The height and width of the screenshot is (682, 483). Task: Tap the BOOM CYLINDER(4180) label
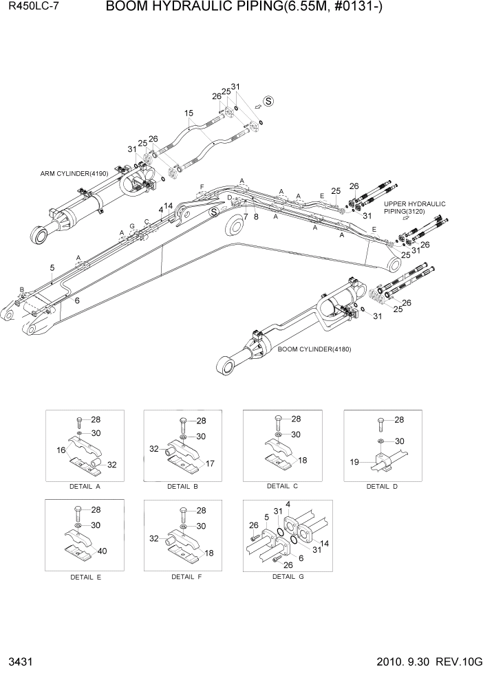(314, 349)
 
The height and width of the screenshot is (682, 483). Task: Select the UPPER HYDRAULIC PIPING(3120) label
(414, 208)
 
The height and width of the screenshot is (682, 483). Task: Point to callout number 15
(189, 113)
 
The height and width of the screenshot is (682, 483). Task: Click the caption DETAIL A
(85, 486)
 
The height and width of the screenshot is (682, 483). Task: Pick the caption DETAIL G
(288, 576)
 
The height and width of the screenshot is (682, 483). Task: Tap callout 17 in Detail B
(210, 464)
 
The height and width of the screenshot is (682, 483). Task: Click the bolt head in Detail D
(380, 420)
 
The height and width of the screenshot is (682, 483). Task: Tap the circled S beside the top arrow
(269, 101)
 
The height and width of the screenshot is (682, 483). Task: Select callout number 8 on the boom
(256, 216)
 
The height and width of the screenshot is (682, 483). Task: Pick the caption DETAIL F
(187, 576)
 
